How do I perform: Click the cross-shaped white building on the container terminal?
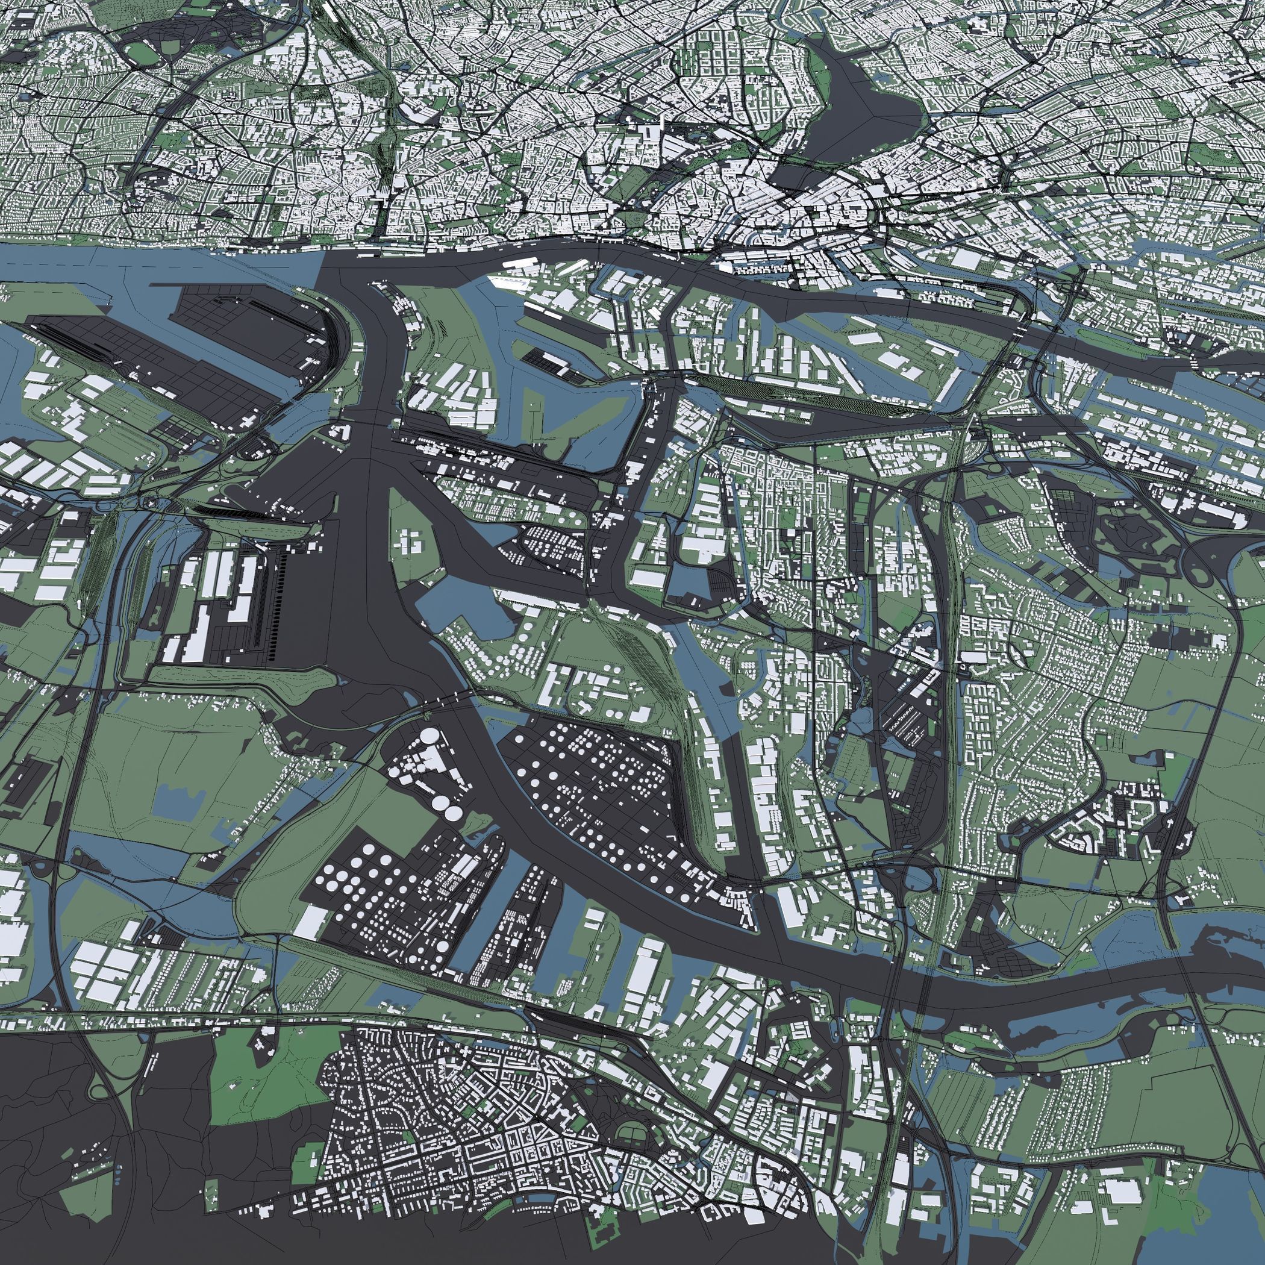413,541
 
